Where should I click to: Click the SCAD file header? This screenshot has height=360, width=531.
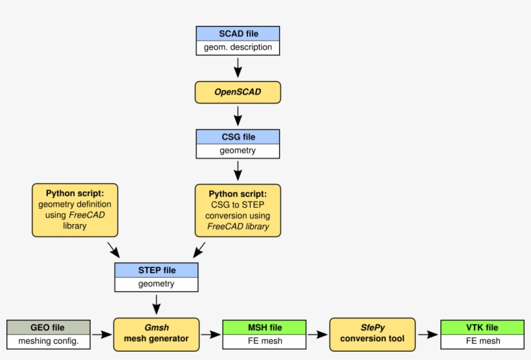pos(238,34)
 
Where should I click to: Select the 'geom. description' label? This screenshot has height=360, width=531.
pos(238,47)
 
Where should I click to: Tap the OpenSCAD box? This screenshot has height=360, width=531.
pos(238,92)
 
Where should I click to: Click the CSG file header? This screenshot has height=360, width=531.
pos(238,137)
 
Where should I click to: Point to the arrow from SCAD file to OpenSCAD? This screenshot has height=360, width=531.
pos(238,67)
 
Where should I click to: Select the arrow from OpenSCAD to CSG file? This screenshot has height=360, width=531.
pos(238,115)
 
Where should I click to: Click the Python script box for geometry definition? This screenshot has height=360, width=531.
pos(75,210)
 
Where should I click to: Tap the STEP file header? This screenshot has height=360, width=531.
pos(157,270)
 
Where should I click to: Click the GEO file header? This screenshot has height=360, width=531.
pos(48,328)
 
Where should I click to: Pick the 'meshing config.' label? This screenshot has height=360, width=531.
pos(48,341)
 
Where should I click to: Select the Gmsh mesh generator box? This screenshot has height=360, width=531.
pos(156,333)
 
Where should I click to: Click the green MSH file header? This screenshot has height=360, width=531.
pos(264,328)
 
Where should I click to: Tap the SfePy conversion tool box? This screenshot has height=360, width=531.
pos(372,333)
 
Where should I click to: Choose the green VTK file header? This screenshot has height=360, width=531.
pos(482,328)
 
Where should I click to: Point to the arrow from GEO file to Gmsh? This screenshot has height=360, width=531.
pos(102,335)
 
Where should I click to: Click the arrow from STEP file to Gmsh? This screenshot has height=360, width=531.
pos(157,303)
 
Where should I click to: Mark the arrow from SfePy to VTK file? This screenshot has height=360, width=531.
pos(427,335)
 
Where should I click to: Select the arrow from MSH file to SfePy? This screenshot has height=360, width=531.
pos(317,335)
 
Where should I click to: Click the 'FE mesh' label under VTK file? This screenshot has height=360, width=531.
pos(482,341)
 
